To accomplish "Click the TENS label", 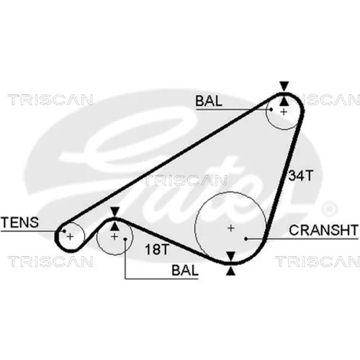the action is coord(19,222).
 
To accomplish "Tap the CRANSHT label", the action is coord(323,230).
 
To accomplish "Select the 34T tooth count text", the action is coord(301,176).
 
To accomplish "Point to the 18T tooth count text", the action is coord(157,249).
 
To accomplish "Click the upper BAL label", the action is coord(209,101).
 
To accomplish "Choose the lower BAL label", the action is coord(185,271).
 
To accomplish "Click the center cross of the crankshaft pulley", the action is coord(230,228).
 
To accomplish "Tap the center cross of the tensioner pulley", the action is coord(70,237).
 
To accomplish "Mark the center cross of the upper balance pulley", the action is coord(284,112).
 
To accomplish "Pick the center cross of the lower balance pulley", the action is coord(114,237).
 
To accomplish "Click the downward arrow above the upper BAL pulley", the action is coord(284,86).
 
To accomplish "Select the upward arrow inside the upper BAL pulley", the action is coord(284,101).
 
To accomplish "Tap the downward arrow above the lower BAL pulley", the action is coord(115,212).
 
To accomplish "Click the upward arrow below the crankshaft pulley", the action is coord(230,271).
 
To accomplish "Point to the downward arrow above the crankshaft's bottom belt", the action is coord(230,256).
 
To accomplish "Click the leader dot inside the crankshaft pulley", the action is coord(246,239).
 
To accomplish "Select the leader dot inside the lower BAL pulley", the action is coord(125,239).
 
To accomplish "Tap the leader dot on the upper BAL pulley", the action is coord(271,109).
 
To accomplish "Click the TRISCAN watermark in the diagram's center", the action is coord(186,181).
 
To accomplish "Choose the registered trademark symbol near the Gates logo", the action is coord(330,209).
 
